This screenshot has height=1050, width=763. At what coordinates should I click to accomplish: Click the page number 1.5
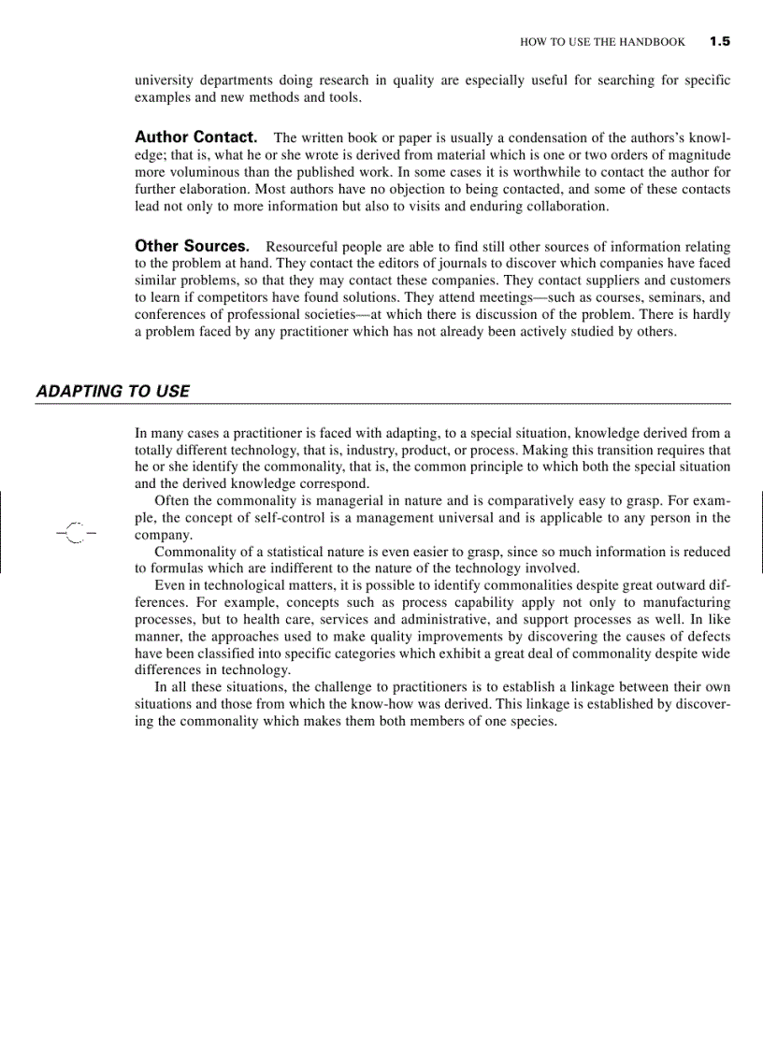719,41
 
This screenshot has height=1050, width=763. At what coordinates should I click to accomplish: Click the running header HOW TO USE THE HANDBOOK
602,42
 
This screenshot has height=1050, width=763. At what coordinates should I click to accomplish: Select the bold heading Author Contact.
195,137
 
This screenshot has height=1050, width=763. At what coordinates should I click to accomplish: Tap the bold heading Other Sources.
192,246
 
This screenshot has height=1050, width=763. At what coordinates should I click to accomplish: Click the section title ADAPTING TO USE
112,391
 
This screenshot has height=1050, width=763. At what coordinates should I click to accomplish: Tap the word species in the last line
533,721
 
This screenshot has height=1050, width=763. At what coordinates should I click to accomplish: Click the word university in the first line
166,80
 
